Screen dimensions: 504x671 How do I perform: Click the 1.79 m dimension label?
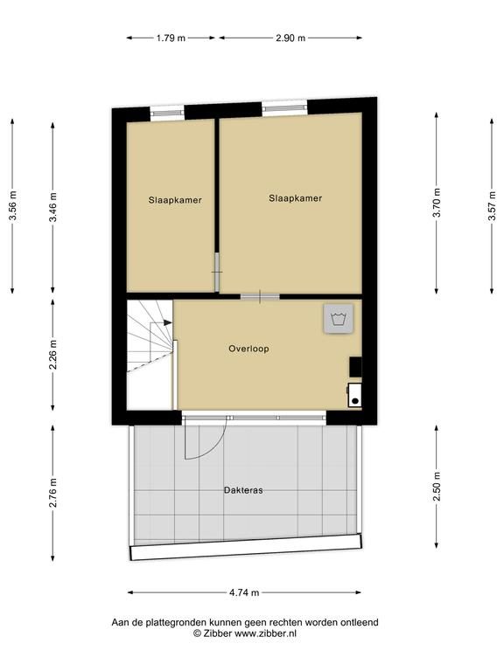tap(171, 38)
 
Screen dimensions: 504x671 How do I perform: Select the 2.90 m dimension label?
tap(290, 38)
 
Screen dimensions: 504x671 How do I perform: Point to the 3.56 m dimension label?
tap(13, 205)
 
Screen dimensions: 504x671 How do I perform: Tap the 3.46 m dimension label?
tap(53, 207)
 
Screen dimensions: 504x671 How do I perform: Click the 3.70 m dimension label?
tap(437, 203)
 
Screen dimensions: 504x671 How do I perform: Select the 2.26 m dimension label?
tap(53, 355)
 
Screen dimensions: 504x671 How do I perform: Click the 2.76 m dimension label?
tap(53, 493)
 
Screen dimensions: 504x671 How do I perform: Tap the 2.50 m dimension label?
tap(437, 487)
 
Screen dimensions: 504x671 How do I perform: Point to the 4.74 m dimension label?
tap(244, 592)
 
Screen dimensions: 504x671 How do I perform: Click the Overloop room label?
tap(248, 349)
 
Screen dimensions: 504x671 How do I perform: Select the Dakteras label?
tap(243, 490)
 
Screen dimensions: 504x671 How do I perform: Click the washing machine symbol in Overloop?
tap(339, 319)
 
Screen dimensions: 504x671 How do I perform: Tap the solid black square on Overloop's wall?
tap(355, 367)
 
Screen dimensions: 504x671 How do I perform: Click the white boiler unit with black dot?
tap(354, 395)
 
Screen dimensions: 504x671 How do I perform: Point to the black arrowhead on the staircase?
tap(168, 322)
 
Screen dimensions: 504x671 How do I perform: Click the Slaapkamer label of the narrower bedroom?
tap(175, 200)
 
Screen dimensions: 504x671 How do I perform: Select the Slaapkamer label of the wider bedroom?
tap(295, 198)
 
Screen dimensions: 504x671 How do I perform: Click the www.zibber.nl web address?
tap(265, 633)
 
